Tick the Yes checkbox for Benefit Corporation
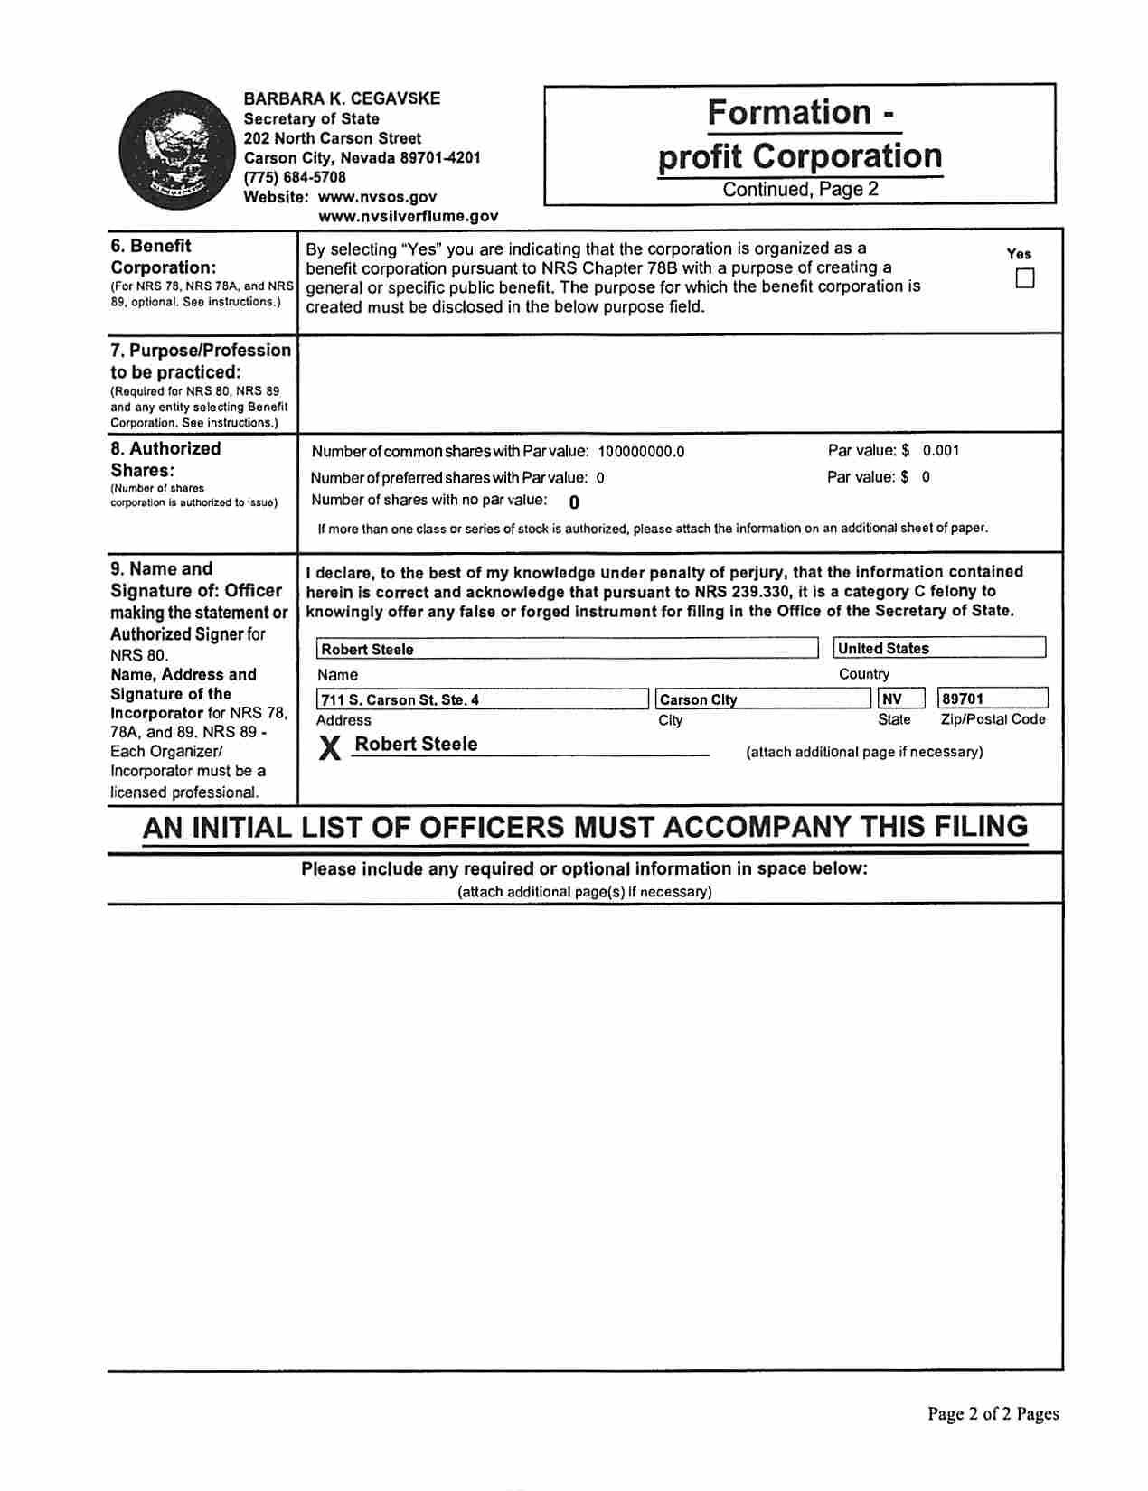(x=1024, y=278)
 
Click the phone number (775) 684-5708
(x=295, y=177)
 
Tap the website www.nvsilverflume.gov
(x=408, y=216)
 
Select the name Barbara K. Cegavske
(x=342, y=98)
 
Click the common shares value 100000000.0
(x=641, y=452)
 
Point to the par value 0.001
(x=941, y=450)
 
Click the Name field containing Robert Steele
(x=567, y=649)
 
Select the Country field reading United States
(x=938, y=648)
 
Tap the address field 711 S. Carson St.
(x=482, y=699)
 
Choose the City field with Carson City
(x=761, y=699)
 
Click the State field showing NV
(x=900, y=699)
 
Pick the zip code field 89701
(x=993, y=699)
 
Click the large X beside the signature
(x=331, y=747)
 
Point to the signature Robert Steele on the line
(x=416, y=744)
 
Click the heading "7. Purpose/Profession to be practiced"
(x=201, y=361)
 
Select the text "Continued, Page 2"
(x=800, y=190)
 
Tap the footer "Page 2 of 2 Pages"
(x=993, y=1413)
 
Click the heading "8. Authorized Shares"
(x=165, y=459)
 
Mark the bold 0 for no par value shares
(x=574, y=502)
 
